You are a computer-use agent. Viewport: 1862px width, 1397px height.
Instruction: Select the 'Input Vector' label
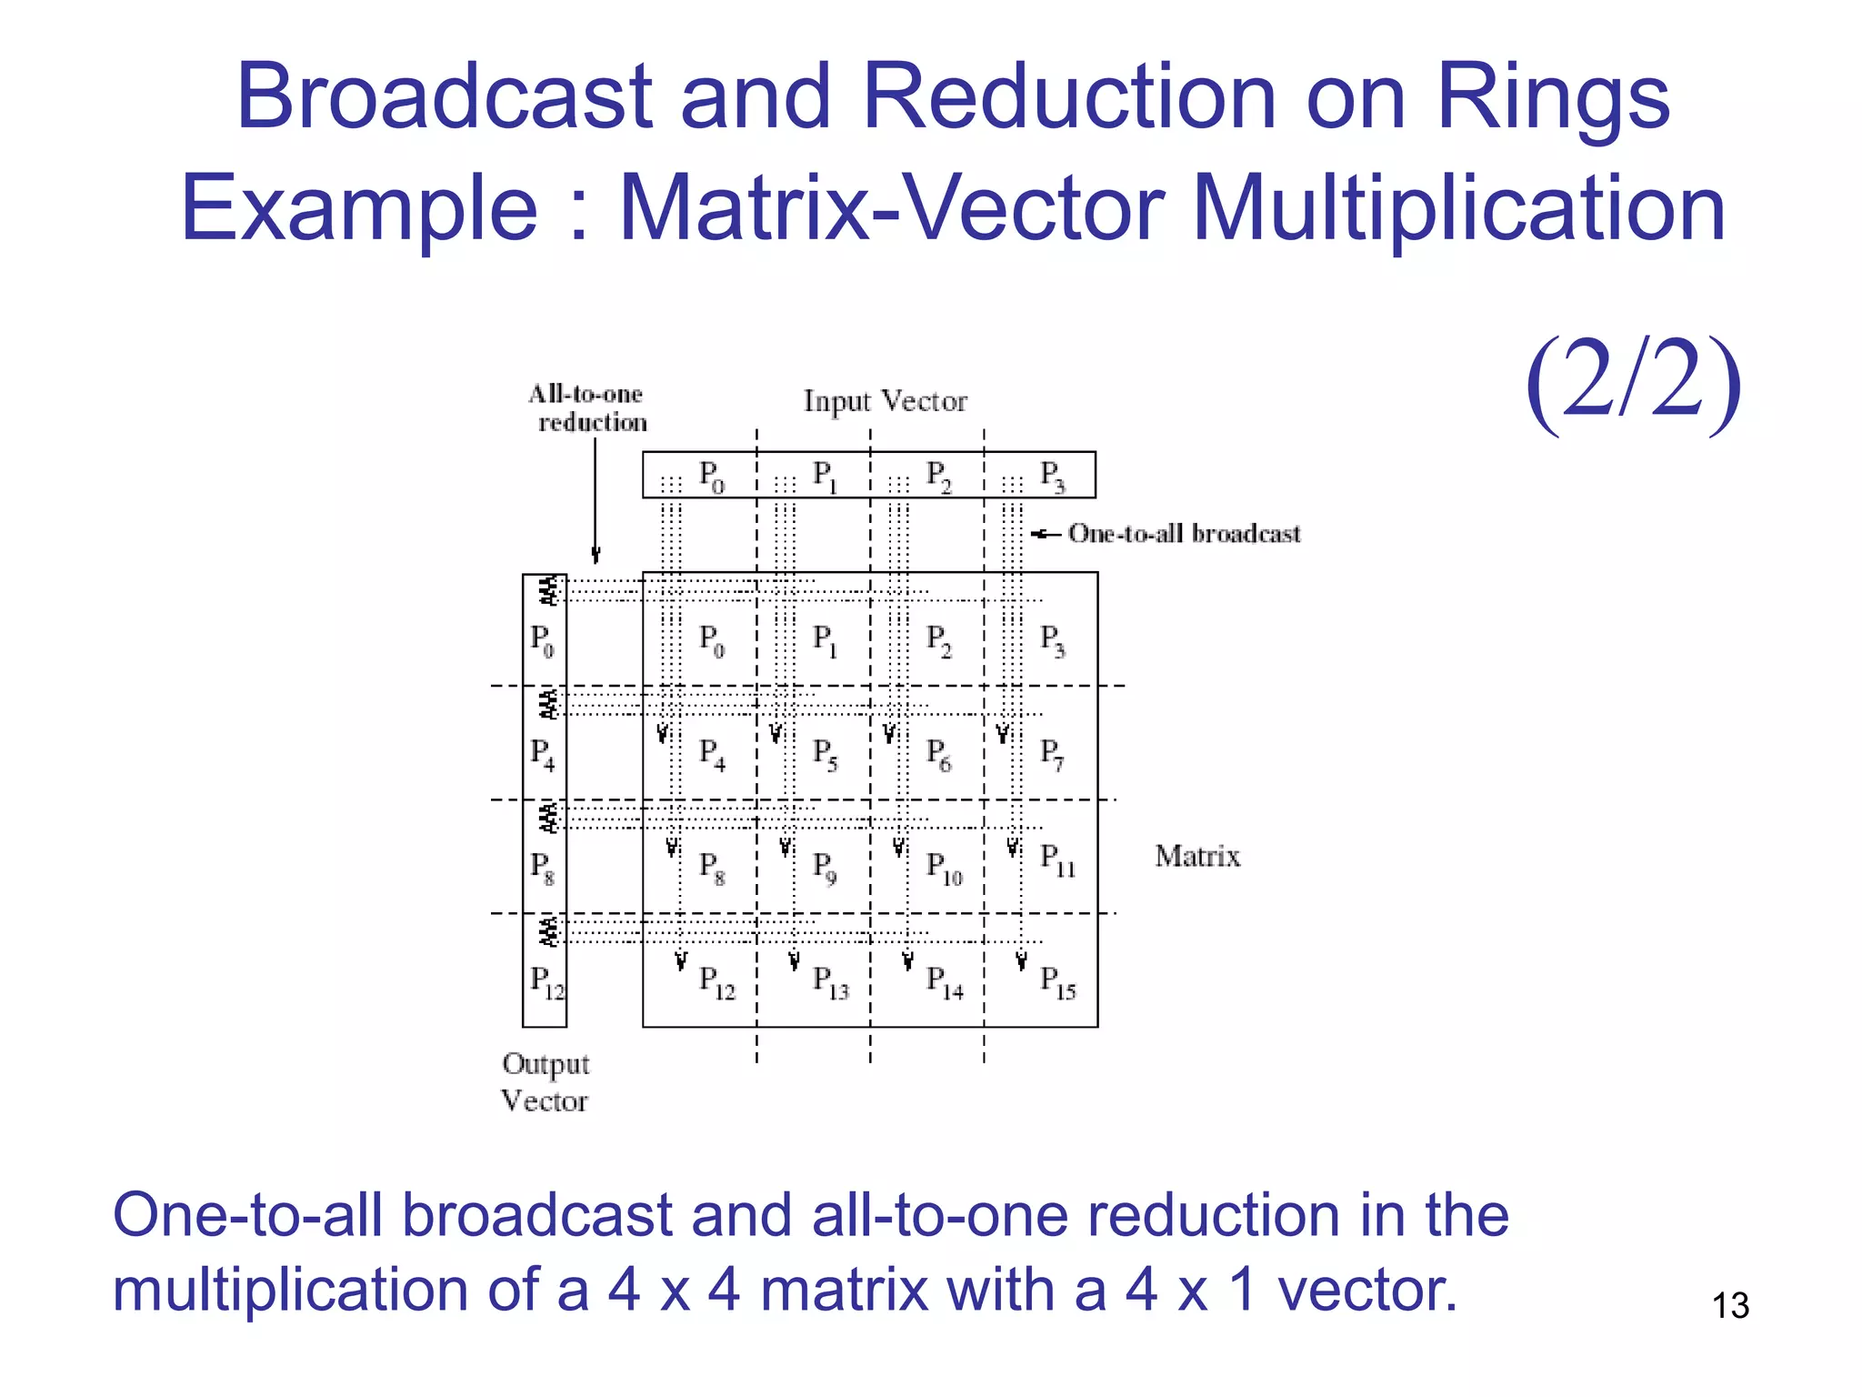click(x=885, y=401)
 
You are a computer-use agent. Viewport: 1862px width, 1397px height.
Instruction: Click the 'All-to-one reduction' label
click(x=588, y=407)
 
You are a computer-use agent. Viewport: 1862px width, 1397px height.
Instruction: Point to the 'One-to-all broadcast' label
click(x=1184, y=533)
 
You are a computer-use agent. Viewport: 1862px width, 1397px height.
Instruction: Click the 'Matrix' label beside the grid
click(x=1196, y=856)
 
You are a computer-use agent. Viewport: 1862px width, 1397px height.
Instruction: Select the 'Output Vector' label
click(x=545, y=1081)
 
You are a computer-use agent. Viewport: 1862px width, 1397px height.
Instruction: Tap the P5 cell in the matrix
click(x=825, y=754)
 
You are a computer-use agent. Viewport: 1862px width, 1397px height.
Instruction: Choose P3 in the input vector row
click(x=1052, y=476)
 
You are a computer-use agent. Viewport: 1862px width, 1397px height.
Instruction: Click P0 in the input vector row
click(x=711, y=476)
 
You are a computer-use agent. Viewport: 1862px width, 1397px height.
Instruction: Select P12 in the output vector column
click(x=546, y=983)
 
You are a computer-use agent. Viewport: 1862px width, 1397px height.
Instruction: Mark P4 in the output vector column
click(x=542, y=754)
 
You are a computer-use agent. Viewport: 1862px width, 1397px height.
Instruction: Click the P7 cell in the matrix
click(x=1052, y=754)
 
